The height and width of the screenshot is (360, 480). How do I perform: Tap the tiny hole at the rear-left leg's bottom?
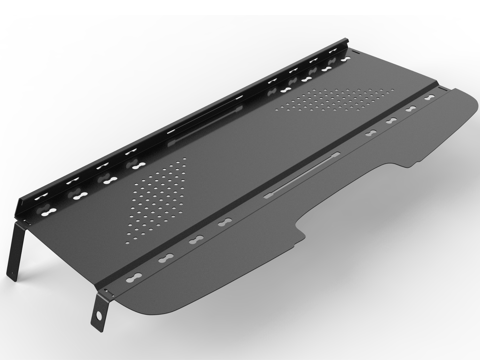[13, 274]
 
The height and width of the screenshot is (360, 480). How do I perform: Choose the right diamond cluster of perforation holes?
[336, 99]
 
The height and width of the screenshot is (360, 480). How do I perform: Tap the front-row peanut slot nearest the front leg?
[134, 278]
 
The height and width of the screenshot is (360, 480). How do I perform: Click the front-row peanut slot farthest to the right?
[430, 97]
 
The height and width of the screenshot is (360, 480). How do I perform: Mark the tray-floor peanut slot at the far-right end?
[345, 59]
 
